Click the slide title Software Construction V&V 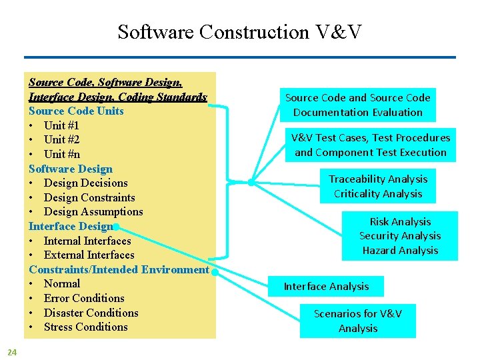[x=240, y=31]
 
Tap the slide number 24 [x=12, y=351]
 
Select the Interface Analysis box [x=326, y=287]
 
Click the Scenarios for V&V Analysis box [x=358, y=321]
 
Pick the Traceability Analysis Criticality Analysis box [x=377, y=186]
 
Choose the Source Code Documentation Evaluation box [x=358, y=105]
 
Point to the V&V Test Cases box [x=371, y=145]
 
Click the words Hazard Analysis [x=400, y=251]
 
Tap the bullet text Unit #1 [x=61, y=125]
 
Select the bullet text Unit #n [x=62, y=154]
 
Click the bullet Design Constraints [x=89, y=197]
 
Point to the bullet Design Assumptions [x=93, y=211]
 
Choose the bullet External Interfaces [x=89, y=255]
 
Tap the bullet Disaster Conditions [x=91, y=313]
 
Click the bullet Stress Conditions [x=85, y=327]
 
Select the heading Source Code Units [x=76, y=111]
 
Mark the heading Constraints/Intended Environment [x=119, y=269]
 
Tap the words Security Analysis [x=400, y=236]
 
